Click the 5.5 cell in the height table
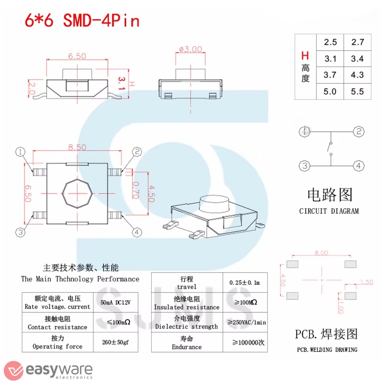point(358,91)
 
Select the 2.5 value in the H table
point(330,42)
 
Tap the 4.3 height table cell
point(358,75)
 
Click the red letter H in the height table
point(305,56)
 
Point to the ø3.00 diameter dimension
point(190,49)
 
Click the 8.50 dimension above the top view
point(77,148)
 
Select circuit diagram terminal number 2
point(359,131)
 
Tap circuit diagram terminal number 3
point(304,166)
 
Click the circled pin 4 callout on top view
point(138,232)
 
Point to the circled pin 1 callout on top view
point(20,152)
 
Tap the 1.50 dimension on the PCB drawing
point(366,282)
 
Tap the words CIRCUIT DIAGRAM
point(329,211)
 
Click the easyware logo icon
point(12,369)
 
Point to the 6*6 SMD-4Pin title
point(82,21)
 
